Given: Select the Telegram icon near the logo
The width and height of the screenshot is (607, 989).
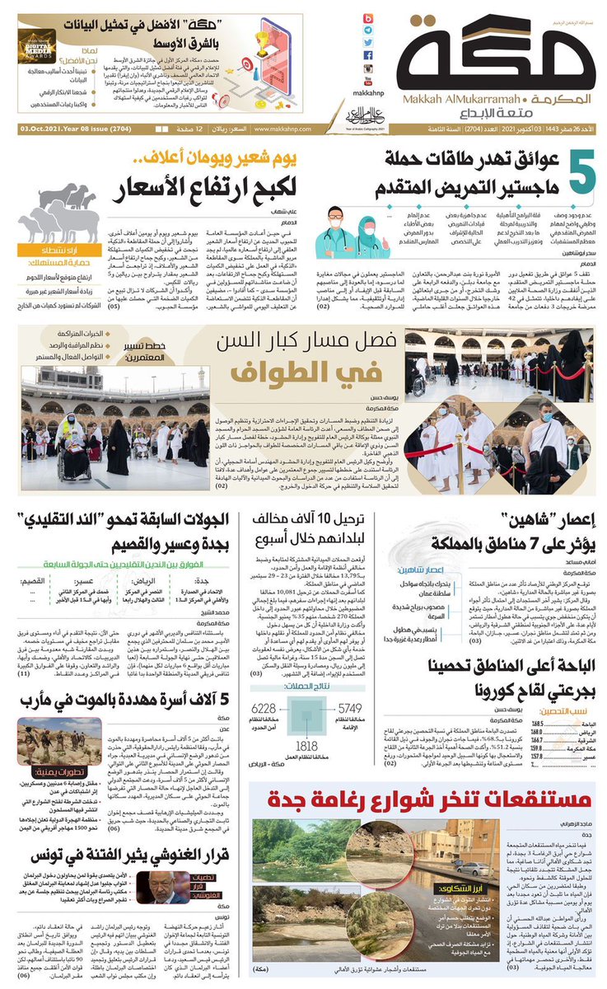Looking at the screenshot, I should click(x=367, y=31).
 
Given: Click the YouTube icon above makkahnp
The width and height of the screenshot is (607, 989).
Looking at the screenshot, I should click(x=367, y=82).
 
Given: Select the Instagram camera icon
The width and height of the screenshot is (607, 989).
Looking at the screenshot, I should click(x=367, y=69).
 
